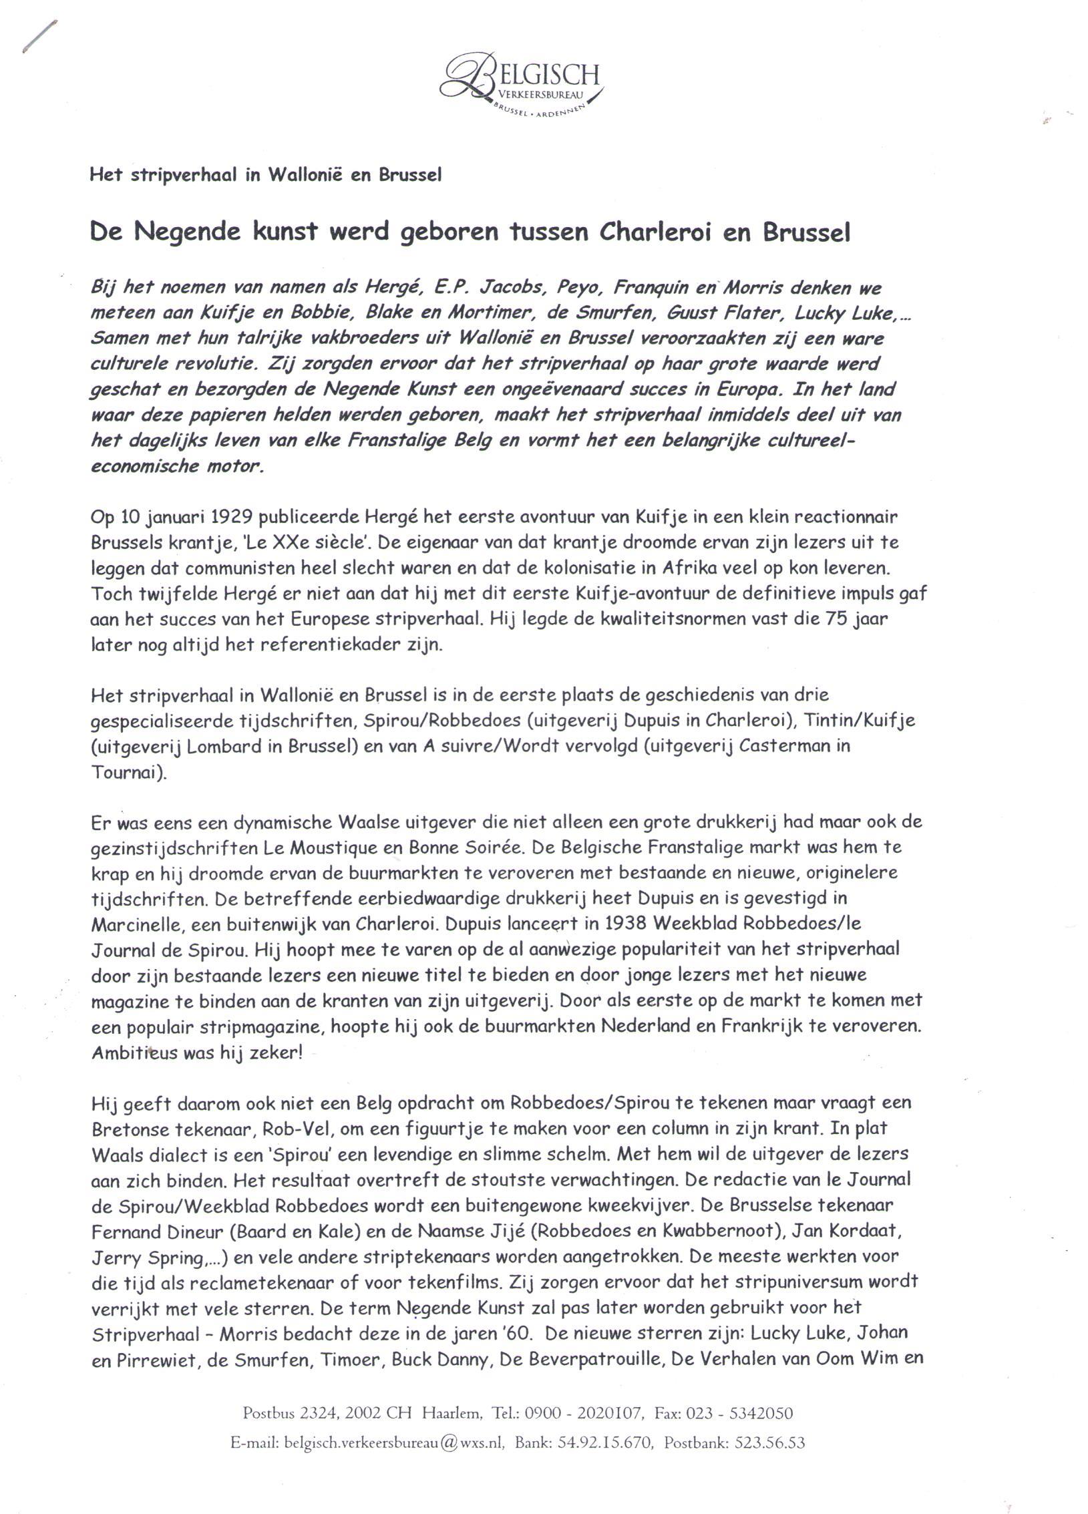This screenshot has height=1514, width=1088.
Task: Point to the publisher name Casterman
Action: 771,747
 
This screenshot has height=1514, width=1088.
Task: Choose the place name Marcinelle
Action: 134,924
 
